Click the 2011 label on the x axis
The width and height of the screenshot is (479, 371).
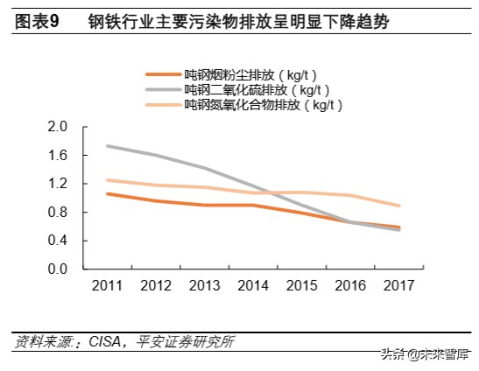pos(106,286)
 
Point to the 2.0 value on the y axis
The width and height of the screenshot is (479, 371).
pos(58,127)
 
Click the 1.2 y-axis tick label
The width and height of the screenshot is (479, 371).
pos(58,184)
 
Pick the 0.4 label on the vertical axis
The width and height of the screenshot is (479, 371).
pos(58,241)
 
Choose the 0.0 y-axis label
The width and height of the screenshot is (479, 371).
pos(58,269)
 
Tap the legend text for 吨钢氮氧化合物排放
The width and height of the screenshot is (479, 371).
pos(263,105)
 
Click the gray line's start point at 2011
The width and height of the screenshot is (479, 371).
pos(106,146)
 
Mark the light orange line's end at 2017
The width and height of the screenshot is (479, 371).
pos(400,206)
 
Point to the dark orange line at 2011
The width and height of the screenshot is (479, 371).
pos(106,193)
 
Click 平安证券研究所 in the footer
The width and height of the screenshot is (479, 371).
pos(185,342)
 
